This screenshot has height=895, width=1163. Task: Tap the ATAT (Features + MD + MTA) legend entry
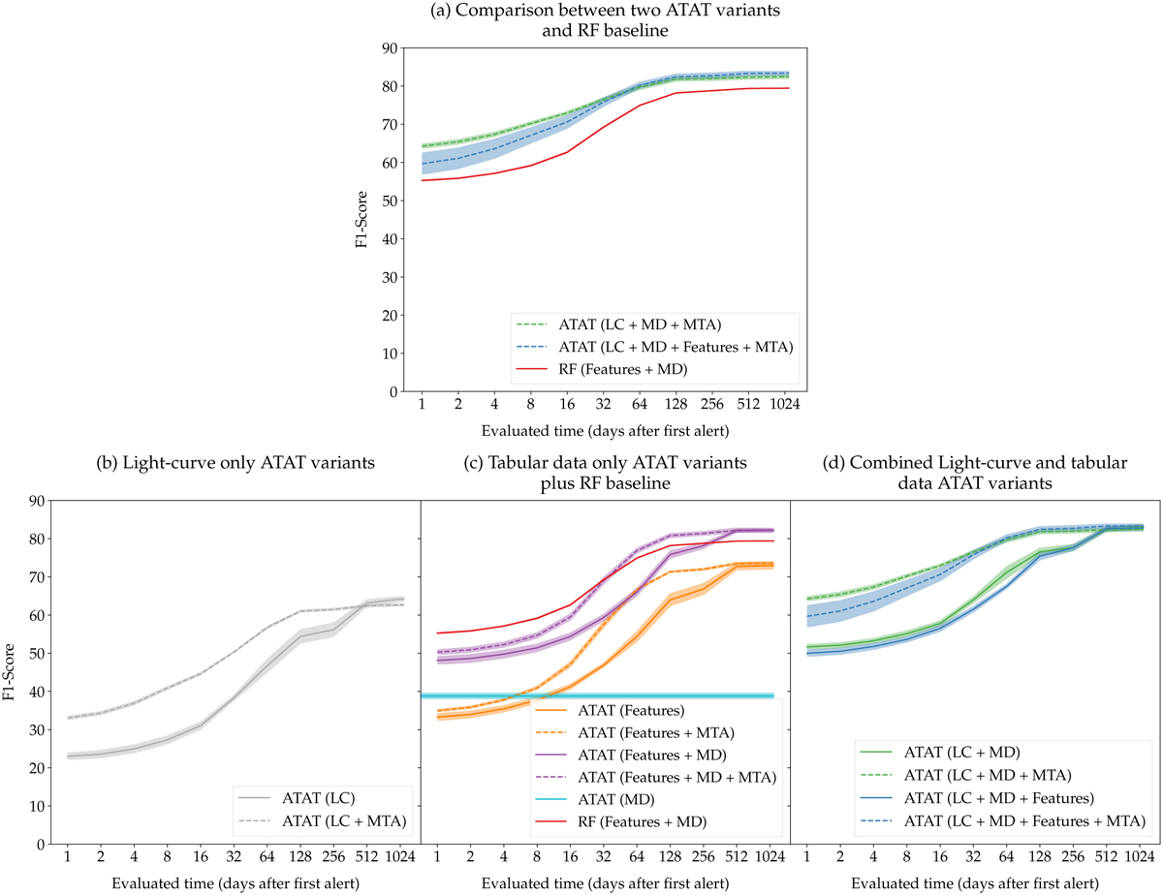pos(690,777)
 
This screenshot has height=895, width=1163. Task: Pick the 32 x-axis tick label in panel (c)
pos(603,858)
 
